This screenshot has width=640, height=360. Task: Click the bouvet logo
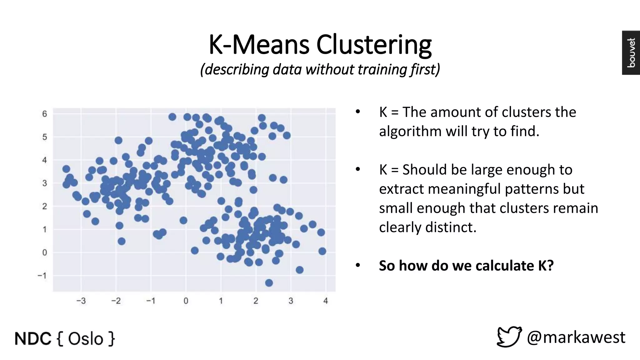(x=631, y=52)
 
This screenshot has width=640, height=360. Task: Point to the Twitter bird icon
(x=509, y=337)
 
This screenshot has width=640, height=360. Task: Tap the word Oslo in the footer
(x=86, y=339)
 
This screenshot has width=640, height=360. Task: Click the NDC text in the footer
(x=33, y=339)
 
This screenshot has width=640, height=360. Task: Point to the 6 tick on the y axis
(x=45, y=114)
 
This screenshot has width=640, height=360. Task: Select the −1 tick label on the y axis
(x=42, y=276)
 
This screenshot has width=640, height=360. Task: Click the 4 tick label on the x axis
(x=326, y=301)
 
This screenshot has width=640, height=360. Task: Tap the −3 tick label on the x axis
(x=81, y=301)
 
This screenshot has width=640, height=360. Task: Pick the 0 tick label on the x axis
(x=186, y=301)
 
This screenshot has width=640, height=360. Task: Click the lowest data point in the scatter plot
(x=269, y=283)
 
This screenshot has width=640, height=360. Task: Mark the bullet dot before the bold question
(x=358, y=266)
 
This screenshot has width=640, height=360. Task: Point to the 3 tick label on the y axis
(x=45, y=183)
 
